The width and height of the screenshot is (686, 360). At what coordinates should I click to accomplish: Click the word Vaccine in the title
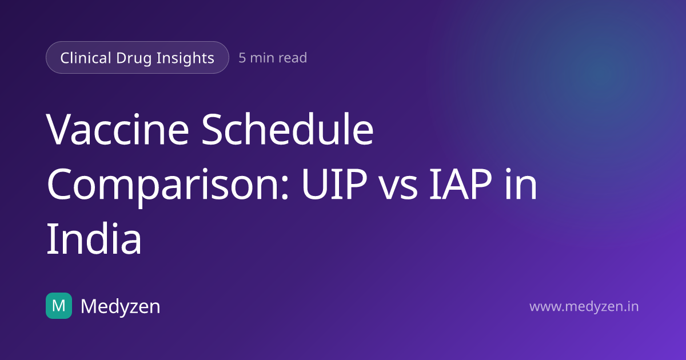click(118, 129)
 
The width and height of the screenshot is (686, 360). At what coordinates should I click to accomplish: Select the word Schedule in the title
click(287, 129)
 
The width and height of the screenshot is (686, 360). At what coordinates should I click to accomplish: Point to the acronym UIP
click(334, 184)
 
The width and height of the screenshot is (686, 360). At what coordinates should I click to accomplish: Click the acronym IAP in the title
click(460, 184)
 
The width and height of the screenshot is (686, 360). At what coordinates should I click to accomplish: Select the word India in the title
click(94, 238)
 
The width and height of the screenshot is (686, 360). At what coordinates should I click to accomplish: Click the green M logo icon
click(59, 306)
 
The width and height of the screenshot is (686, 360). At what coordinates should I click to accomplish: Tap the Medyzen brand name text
click(121, 306)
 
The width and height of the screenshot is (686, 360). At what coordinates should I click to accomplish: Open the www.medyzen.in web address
click(584, 307)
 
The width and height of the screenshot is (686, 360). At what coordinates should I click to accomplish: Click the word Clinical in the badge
click(86, 58)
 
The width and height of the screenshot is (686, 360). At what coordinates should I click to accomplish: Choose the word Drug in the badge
click(134, 58)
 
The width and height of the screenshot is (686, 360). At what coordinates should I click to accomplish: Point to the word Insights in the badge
click(185, 58)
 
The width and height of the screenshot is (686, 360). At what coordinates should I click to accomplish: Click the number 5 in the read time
click(242, 58)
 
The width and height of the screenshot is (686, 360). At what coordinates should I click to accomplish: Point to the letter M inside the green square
click(59, 306)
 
